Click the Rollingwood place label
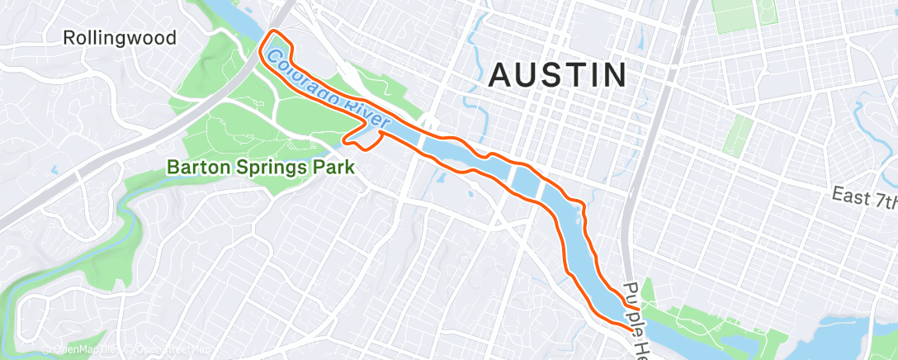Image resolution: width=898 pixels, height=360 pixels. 120,38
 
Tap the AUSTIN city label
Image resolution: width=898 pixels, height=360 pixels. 557,75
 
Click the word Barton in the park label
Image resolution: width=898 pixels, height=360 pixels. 199,167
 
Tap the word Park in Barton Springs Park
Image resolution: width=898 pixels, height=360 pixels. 333,167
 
